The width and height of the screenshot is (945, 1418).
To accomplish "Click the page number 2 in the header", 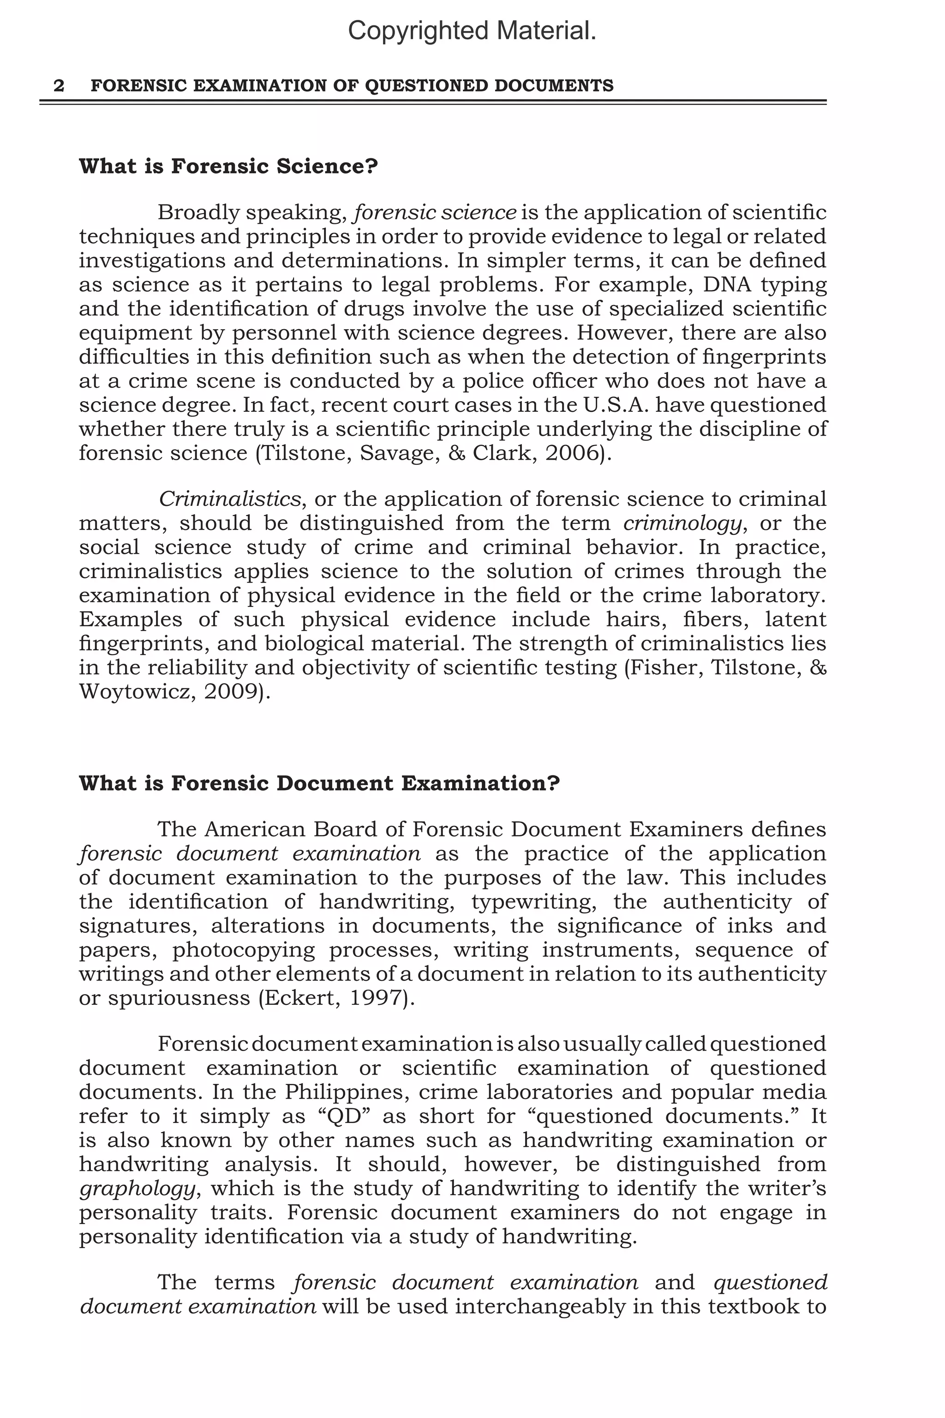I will [59, 85].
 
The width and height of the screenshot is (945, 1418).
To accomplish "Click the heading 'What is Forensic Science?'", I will [228, 166].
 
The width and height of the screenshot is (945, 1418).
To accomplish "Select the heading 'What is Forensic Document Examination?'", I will [319, 783].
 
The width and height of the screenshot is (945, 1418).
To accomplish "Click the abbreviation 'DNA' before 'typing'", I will [724, 284].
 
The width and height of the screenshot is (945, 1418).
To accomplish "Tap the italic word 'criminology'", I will [682, 523].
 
